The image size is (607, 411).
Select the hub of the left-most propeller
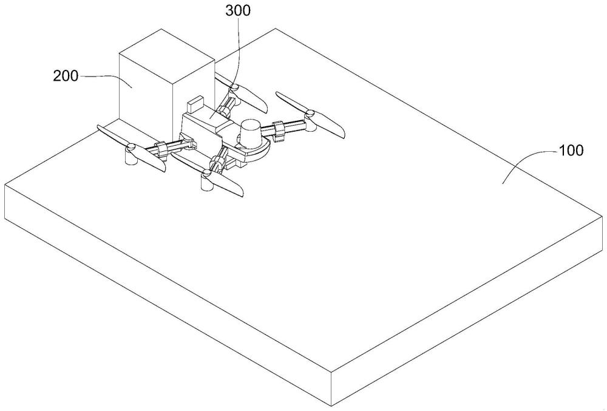click(x=129, y=148)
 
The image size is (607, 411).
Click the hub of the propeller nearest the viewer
click(x=207, y=175)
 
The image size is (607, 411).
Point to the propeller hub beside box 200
click(x=232, y=89)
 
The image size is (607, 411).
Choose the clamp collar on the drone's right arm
click(x=279, y=129)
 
